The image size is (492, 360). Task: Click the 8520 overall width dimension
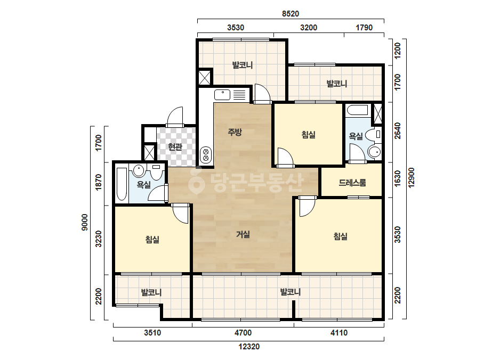pos(290,13)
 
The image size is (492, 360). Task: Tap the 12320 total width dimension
pos(249,347)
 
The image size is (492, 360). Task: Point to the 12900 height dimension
pos(412,178)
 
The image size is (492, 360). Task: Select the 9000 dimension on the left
pos(85,222)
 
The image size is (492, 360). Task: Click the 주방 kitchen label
pos(235,132)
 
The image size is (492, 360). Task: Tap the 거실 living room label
pos(243,234)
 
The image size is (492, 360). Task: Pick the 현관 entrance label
pos(175,146)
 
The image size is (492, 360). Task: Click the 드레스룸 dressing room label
pos(352,183)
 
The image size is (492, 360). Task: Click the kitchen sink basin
pos(222,94)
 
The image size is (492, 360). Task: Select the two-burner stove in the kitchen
pos(206,155)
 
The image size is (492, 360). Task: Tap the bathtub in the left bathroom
pos(122,184)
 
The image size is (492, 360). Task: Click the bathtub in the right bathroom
pos(357,110)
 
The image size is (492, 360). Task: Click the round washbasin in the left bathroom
pos(139,170)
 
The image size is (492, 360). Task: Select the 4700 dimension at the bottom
pos(243,333)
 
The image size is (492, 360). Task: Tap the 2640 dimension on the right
pos(397,131)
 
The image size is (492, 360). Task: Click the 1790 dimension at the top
pos(364,28)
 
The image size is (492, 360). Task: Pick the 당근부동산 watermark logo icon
pos(196,181)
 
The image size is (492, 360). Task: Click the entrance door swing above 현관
pos(174,117)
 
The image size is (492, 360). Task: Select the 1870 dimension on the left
pos(99,182)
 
